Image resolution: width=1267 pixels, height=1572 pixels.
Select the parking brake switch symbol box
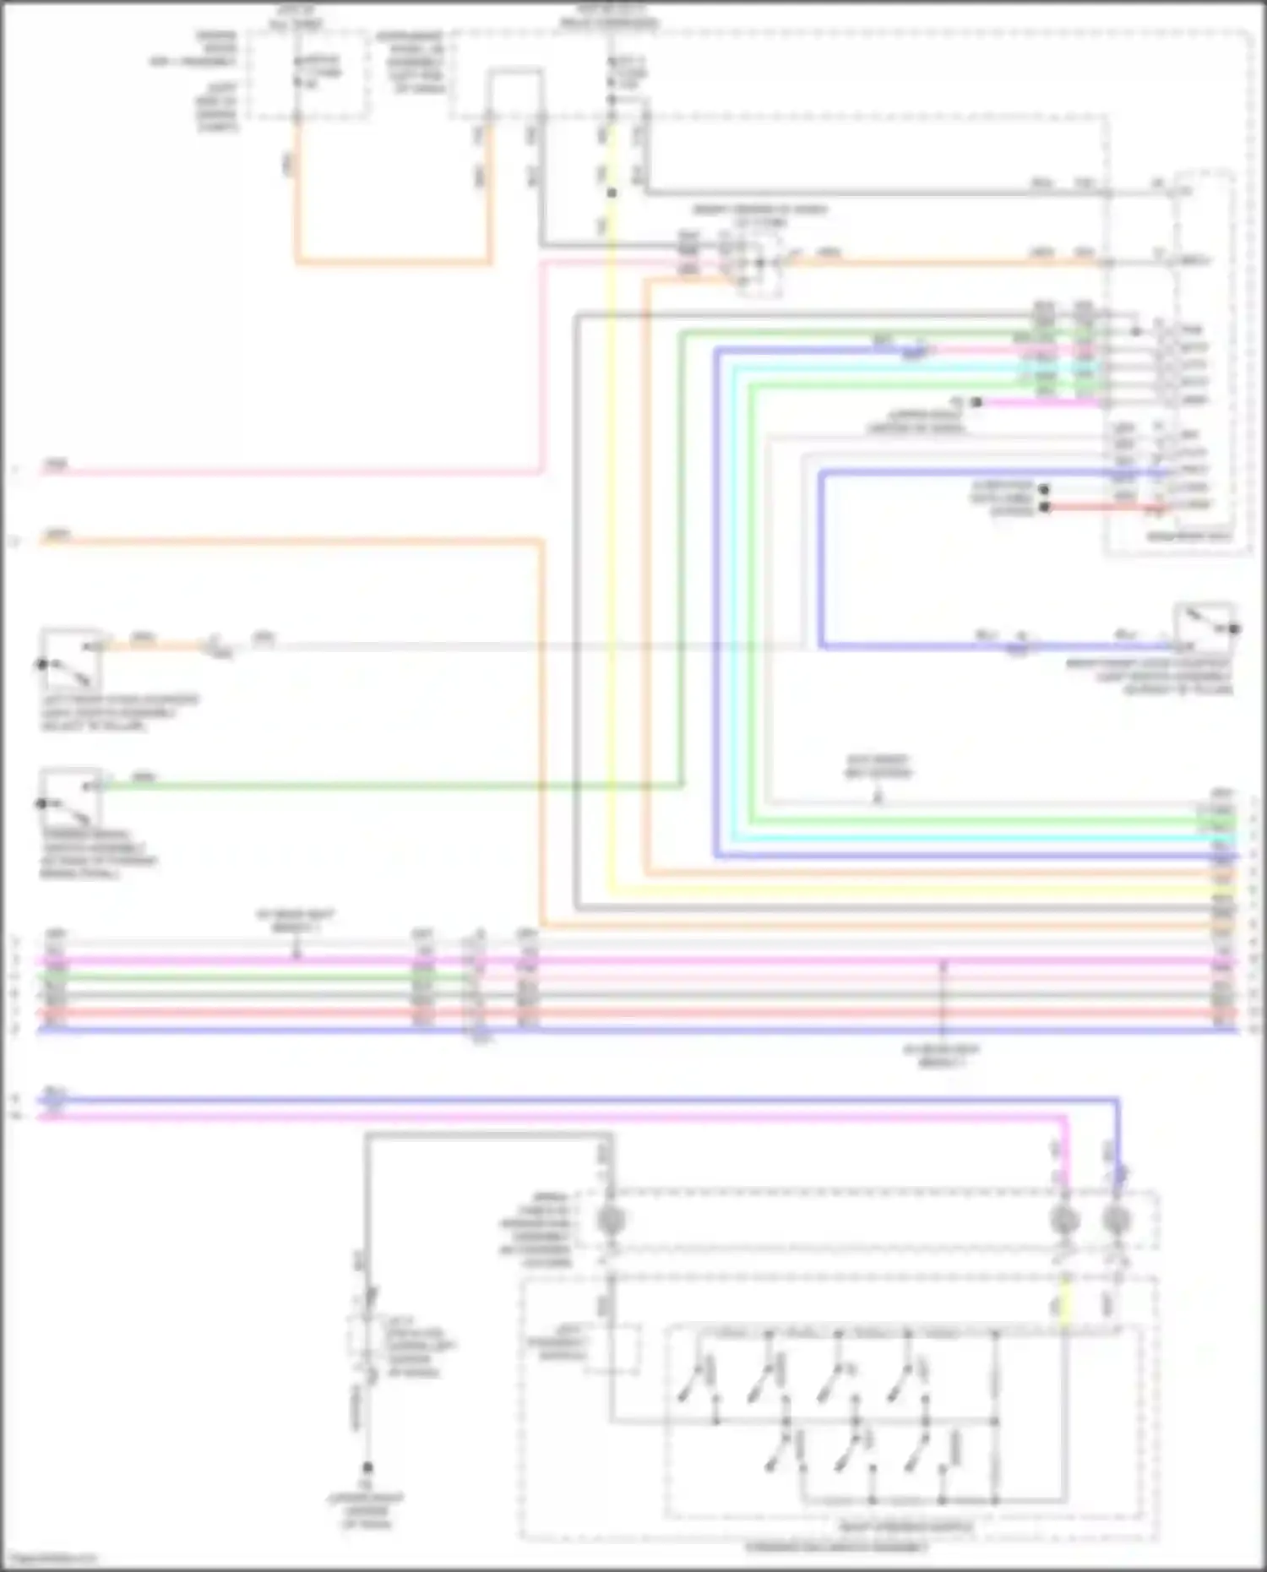[x=72, y=797]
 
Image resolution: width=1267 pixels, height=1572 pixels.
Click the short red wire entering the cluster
[x=1107, y=508]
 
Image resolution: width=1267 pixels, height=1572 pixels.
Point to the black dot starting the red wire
[x=1045, y=508]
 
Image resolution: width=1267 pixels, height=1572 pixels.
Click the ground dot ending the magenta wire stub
[x=976, y=403]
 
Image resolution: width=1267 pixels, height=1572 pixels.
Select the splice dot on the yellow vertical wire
[x=612, y=193]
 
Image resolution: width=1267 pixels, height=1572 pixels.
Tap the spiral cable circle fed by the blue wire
[x=1117, y=1220]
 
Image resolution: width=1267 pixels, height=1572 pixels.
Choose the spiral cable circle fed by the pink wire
[x=1063, y=1220]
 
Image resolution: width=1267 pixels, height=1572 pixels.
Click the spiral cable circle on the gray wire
[x=606, y=1220]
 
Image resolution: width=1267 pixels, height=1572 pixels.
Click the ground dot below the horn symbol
[x=367, y=1468]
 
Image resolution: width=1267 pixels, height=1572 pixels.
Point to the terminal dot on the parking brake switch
[x=41, y=803]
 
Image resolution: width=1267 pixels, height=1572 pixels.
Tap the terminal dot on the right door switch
[x=1234, y=628]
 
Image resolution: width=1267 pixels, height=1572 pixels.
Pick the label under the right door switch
[x=1149, y=677]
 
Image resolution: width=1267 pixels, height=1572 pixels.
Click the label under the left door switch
[x=118, y=713]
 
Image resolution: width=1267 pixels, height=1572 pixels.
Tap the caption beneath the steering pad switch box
[x=836, y=1548]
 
